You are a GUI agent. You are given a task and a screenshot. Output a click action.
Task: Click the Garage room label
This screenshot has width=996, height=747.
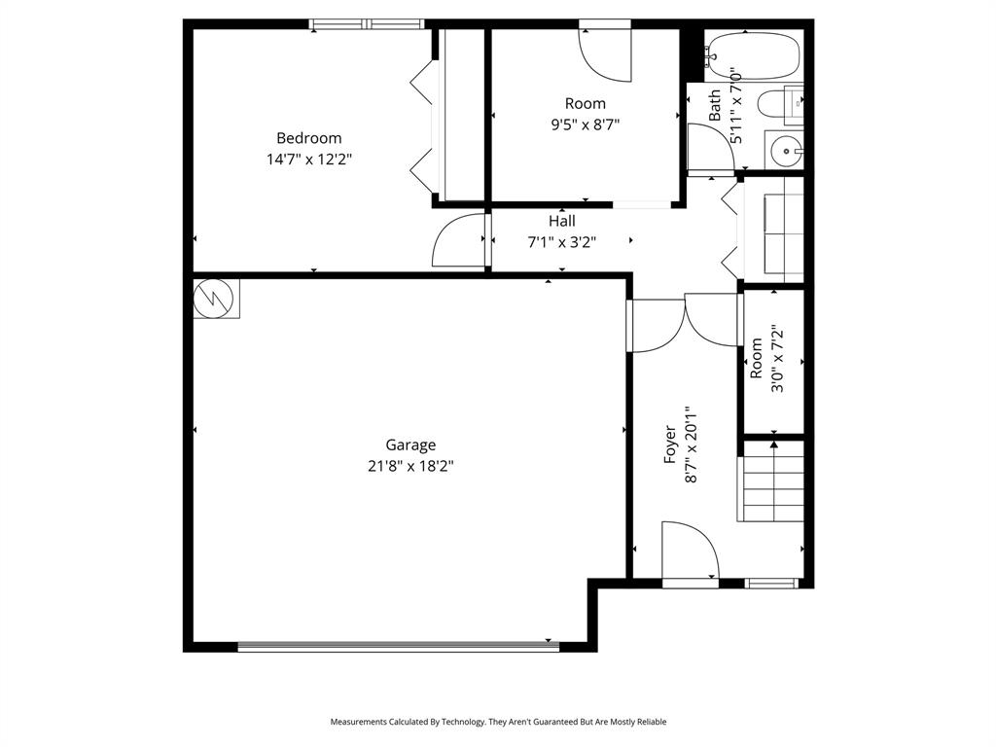click(409, 445)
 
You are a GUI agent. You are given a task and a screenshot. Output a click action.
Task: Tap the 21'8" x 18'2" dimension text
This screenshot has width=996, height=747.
click(409, 466)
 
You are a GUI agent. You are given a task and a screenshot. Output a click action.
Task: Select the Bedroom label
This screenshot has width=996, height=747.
click(308, 138)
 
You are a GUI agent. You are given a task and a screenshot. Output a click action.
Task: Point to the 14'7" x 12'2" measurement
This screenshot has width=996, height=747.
click(308, 160)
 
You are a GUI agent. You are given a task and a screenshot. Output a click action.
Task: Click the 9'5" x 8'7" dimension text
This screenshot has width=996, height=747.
click(585, 124)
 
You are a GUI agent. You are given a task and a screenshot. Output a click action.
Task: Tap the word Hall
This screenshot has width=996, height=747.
click(561, 222)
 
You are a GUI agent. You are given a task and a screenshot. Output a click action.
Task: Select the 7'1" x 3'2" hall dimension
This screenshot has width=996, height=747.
click(561, 242)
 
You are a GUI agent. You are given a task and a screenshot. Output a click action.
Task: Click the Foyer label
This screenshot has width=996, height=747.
click(670, 444)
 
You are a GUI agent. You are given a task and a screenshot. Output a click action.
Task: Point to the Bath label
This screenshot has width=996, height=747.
click(715, 105)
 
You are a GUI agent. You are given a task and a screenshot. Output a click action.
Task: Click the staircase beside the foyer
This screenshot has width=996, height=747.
click(772, 482)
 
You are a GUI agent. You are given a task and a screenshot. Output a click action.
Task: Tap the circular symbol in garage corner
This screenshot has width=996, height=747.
click(215, 300)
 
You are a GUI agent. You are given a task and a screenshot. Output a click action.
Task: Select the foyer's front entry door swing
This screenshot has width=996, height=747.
click(689, 551)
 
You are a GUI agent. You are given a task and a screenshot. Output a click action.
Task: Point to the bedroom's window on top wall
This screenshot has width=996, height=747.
click(368, 24)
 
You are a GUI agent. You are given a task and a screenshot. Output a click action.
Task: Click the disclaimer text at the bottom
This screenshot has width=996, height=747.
click(498, 722)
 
